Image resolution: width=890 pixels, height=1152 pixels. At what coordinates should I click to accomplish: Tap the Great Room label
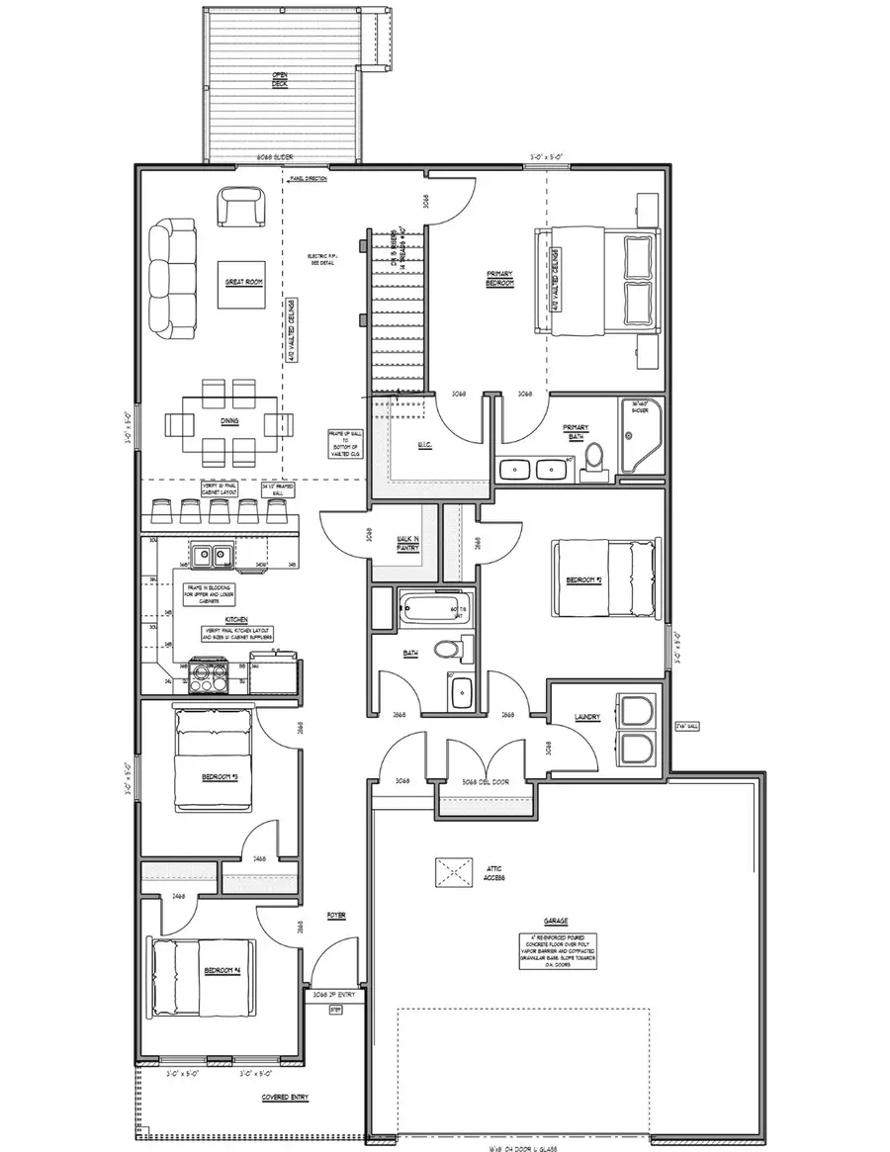(243, 283)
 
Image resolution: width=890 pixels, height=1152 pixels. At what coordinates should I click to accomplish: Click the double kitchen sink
(211, 556)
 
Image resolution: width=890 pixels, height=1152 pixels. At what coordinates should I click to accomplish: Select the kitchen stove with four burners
(210, 677)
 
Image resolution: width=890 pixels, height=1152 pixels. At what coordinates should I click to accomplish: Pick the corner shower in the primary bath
(641, 435)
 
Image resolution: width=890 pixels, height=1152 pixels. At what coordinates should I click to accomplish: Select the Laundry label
(587, 717)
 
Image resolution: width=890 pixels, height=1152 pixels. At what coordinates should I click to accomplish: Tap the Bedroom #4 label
(223, 971)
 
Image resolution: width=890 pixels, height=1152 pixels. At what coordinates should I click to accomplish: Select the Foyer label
(337, 916)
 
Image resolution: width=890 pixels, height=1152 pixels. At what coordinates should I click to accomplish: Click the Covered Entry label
(282, 1098)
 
